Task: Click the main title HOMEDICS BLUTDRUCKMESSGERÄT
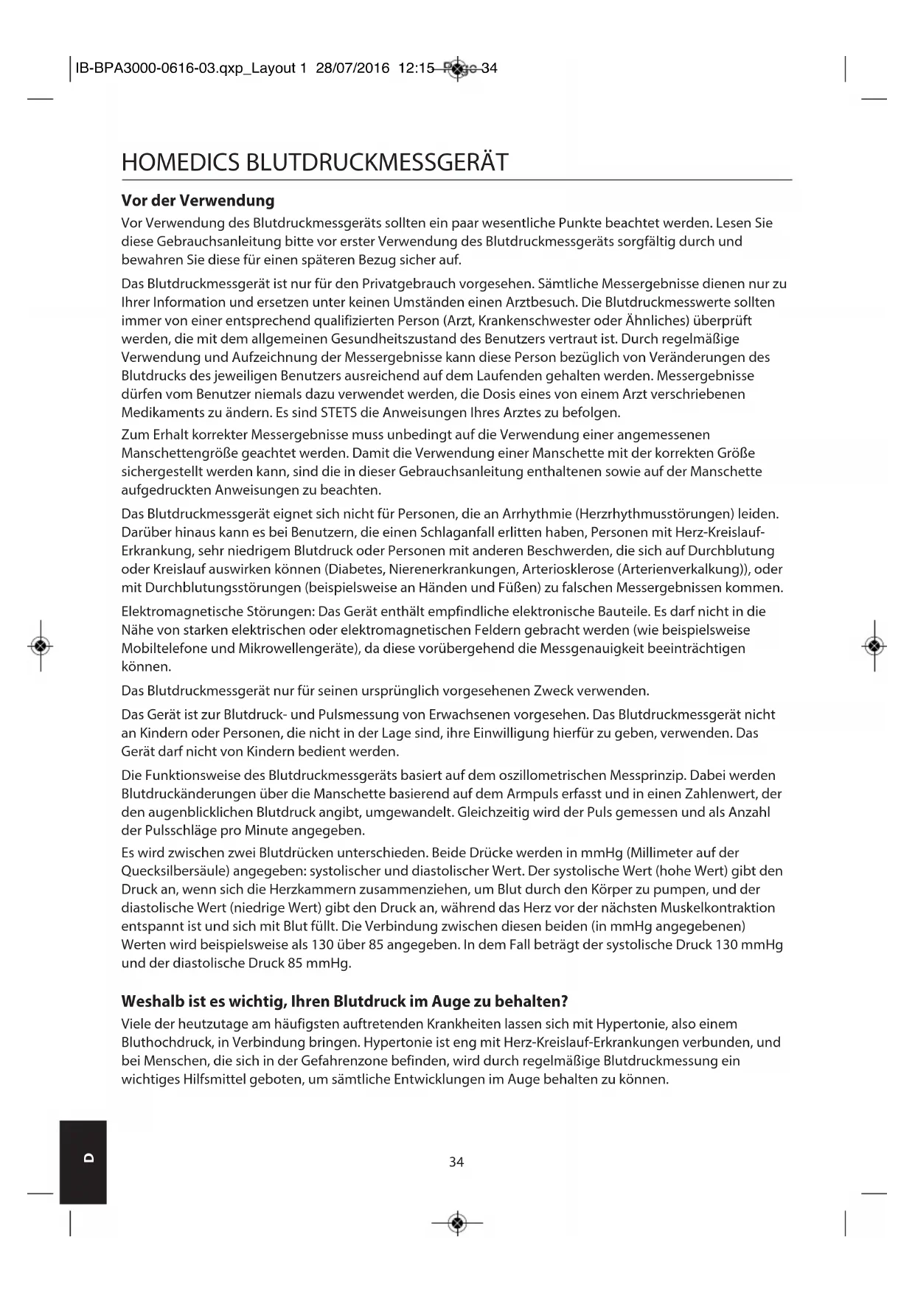315,162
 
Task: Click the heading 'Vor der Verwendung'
198,201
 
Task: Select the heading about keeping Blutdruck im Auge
344,1002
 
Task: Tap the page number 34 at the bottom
456,1163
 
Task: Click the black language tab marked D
83,1163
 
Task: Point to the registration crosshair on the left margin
41,646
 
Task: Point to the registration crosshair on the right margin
874,646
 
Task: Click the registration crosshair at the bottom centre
457,1224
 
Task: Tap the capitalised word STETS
339,413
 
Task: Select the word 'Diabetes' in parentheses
350,569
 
